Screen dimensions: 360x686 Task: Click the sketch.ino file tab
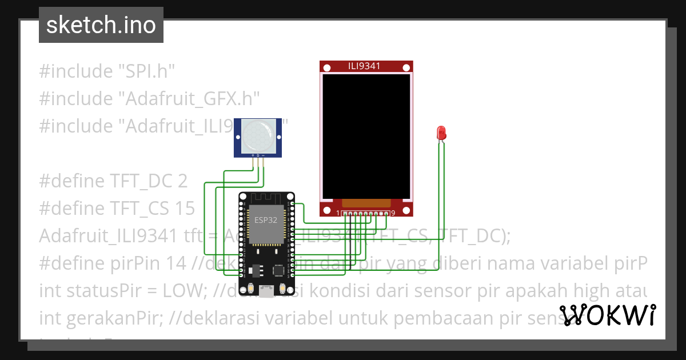(101, 25)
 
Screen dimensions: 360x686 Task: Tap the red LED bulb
(441, 133)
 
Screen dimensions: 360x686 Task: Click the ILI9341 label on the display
(364, 66)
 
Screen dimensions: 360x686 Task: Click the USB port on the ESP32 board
(265, 291)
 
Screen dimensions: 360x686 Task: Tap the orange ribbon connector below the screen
(366, 203)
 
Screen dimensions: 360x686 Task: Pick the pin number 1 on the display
(338, 213)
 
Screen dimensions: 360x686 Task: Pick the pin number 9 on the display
(393, 213)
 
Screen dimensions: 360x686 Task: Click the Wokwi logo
(607, 315)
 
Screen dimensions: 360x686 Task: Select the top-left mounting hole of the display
(326, 68)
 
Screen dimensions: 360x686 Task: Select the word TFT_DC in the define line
(139, 181)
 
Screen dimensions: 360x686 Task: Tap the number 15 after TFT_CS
(185, 209)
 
